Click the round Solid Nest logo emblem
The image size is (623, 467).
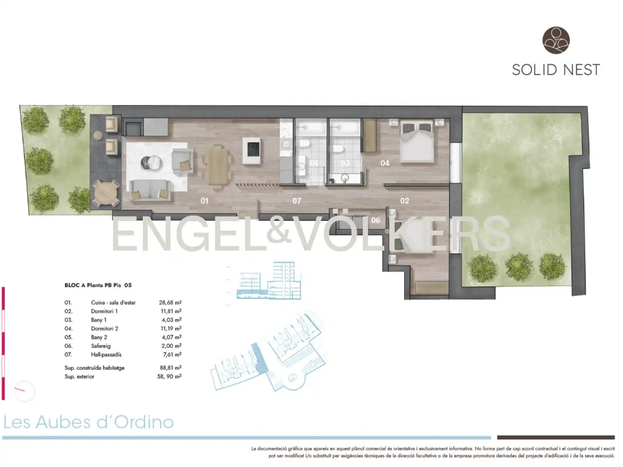pos(556,40)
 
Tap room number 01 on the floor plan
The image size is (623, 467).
pos(204,201)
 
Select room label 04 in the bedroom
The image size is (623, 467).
pos(385,163)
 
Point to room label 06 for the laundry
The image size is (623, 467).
pos(376,220)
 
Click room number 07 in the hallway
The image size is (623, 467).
pos(297,201)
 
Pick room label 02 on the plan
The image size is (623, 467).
pos(405,201)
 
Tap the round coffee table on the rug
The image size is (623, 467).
pos(152,163)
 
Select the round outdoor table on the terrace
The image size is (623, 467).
pos(106,193)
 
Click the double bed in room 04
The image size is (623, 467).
pos(417,142)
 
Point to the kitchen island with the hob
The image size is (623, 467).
pos(251,151)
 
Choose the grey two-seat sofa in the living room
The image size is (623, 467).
pos(150,190)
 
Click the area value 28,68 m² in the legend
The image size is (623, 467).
pos(170,302)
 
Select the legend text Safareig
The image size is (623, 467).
pos(101,346)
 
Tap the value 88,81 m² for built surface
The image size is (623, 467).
pos(170,368)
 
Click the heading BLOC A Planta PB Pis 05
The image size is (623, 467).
pos(98,285)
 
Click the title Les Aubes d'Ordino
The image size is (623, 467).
pos(88,422)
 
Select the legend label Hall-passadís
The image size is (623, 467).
pos(106,355)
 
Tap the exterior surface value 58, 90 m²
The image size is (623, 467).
pos(169,376)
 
